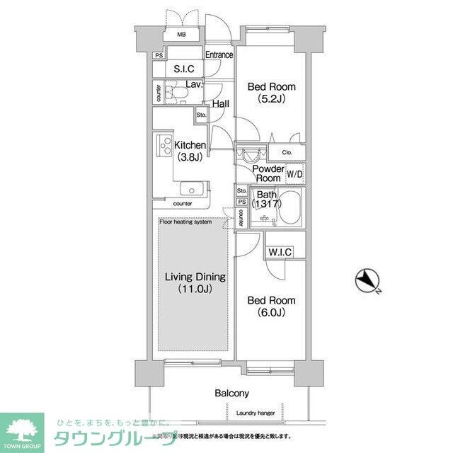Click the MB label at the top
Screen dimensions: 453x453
tap(181, 35)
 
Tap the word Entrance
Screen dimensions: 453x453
tap(219, 55)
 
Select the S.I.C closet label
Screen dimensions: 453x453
tap(185, 69)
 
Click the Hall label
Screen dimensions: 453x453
tap(220, 104)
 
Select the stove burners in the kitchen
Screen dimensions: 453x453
tap(164, 147)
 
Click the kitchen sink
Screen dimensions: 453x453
tap(191, 189)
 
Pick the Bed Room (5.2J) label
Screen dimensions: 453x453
tap(270, 93)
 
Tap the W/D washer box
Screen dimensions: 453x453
tap(295, 174)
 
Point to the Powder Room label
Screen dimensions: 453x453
tap(269, 173)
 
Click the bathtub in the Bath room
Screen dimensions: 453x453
tap(287, 207)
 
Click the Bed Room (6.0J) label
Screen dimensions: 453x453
tap(270, 306)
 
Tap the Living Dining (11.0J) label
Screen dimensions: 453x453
tap(195, 282)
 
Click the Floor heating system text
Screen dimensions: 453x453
tap(185, 222)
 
